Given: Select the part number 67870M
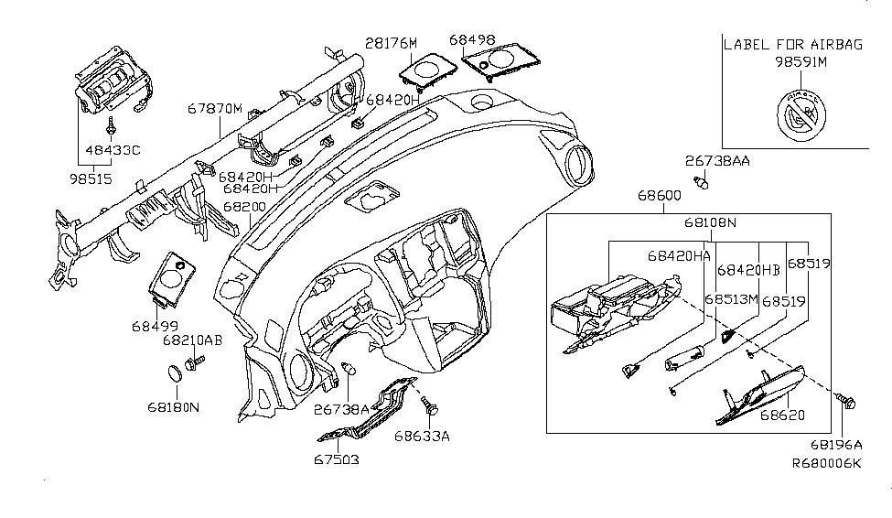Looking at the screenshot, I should (x=215, y=108).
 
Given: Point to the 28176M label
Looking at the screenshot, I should (x=392, y=43).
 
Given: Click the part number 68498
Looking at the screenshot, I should (x=472, y=39).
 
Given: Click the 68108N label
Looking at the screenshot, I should (x=709, y=222).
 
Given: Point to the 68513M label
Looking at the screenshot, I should (x=731, y=299).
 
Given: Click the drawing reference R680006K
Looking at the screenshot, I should (x=827, y=463).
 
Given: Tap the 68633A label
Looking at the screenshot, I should (x=422, y=437).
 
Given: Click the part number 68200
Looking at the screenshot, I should (x=245, y=207).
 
